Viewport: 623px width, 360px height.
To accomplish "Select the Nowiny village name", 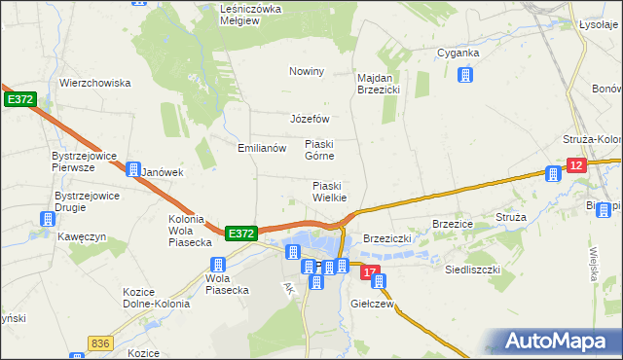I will [x=306, y=72].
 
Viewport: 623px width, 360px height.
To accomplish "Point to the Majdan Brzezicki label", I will [x=380, y=84].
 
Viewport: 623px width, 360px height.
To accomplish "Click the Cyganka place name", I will [x=458, y=53].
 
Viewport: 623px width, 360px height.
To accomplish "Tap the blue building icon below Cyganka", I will [x=465, y=74].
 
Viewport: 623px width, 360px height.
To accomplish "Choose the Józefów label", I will [x=311, y=120].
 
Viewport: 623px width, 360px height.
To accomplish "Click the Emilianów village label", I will [x=262, y=149].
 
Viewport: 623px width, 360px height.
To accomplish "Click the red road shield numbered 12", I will [x=575, y=167].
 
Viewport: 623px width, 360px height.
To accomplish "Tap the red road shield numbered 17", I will [x=367, y=274].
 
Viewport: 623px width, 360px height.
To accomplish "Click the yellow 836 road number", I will [x=99, y=343].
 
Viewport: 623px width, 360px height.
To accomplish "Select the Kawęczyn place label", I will [x=80, y=236].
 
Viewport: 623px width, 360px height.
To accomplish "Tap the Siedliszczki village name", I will [x=472, y=269].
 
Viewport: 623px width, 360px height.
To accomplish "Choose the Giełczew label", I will [x=372, y=304].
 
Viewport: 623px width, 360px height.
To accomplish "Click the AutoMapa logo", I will [x=559, y=342].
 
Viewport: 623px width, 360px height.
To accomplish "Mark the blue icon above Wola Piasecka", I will [x=218, y=265].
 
